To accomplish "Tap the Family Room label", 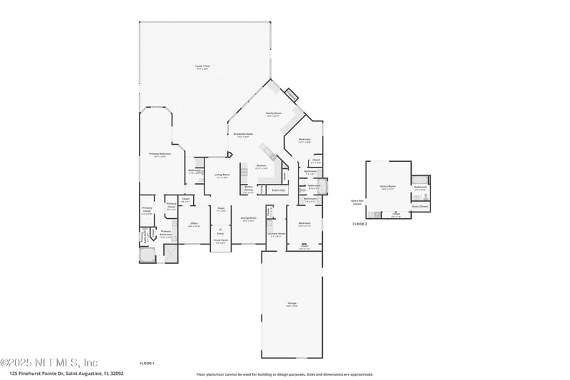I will pyautogui.click(x=274, y=113).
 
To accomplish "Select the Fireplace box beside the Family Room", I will pyautogui.click(x=291, y=95).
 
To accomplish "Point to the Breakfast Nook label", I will pyautogui.click(x=241, y=134).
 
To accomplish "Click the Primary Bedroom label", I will pyautogui.click(x=160, y=153).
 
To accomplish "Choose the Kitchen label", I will pyautogui.click(x=261, y=166).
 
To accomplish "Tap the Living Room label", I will pyautogui.click(x=222, y=175).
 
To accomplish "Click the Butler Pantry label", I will pyautogui.click(x=249, y=189).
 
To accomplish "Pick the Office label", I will pyautogui.click(x=194, y=224).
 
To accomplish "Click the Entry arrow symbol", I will pyautogui.click(x=221, y=224).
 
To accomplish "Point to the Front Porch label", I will pyautogui.click(x=221, y=241).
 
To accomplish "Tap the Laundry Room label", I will pyautogui.click(x=276, y=234).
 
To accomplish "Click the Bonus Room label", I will pyautogui.click(x=388, y=187).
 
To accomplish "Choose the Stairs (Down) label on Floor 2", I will pyautogui.click(x=420, y=206).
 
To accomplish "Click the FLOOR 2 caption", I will pyautogui.click(x=360, y=224).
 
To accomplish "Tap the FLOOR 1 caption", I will pyautogui.click(x=147, y=364).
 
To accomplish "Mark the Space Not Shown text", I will pyautogui.click(x=357, y=202).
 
